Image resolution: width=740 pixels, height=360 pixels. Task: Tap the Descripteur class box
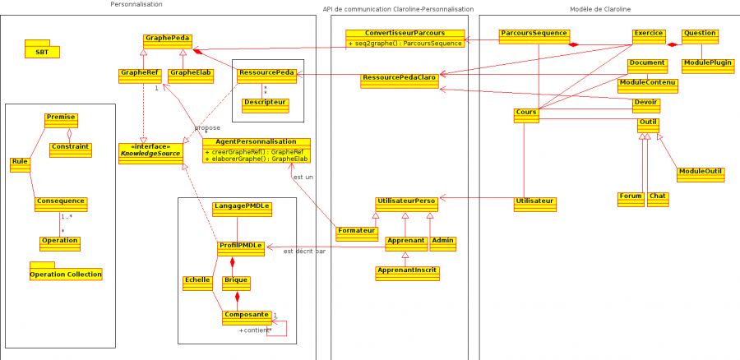pyautogui.click(x=265, y=105)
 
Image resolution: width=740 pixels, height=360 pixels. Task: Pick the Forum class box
pyautogui.click(x=631, y=198)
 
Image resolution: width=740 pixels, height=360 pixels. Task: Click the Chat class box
pyautogui.click(x=658, y=198)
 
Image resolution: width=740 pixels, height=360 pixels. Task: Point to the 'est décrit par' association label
pyautogui.click(x=304, y=252)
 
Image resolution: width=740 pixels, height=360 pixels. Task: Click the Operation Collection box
pyautogui.click(x=66, y=273)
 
